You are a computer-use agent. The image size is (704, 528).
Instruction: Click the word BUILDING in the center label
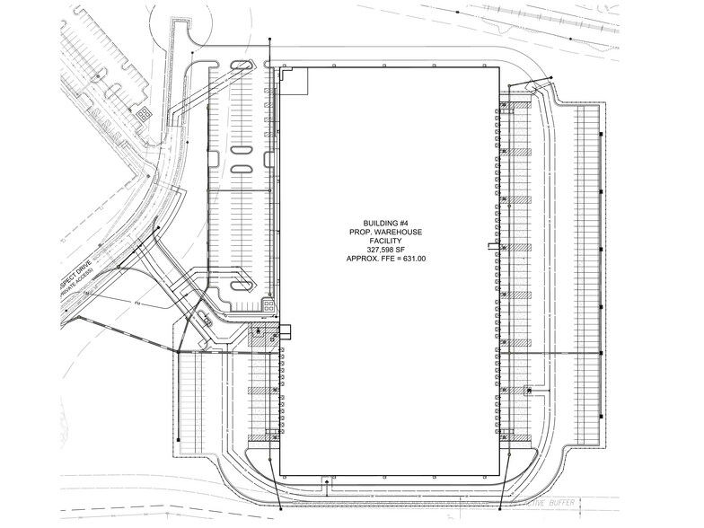(380, 223)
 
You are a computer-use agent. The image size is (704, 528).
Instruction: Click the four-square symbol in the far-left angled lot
(142, 113)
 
